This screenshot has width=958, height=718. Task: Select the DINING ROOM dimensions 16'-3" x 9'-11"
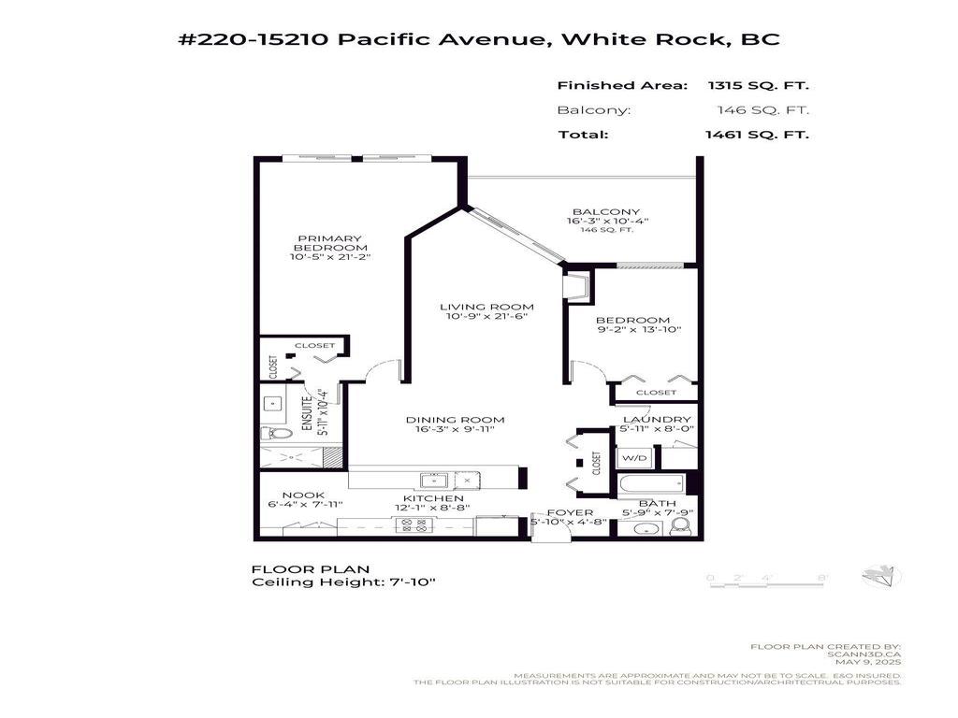[456, 432]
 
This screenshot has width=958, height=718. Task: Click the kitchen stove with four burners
[413, 525]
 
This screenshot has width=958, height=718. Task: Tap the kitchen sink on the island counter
[432, 480]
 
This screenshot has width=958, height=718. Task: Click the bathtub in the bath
[650, 484]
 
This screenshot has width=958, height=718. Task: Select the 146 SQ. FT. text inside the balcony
[607, 230]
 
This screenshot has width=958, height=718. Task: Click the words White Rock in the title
[645, 39]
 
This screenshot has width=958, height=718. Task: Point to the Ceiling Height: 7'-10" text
[344, 582]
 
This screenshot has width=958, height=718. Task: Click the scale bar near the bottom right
[769, 579]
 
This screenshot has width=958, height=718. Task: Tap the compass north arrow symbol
[882, 577]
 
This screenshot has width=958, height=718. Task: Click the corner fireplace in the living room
[576, 287]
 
